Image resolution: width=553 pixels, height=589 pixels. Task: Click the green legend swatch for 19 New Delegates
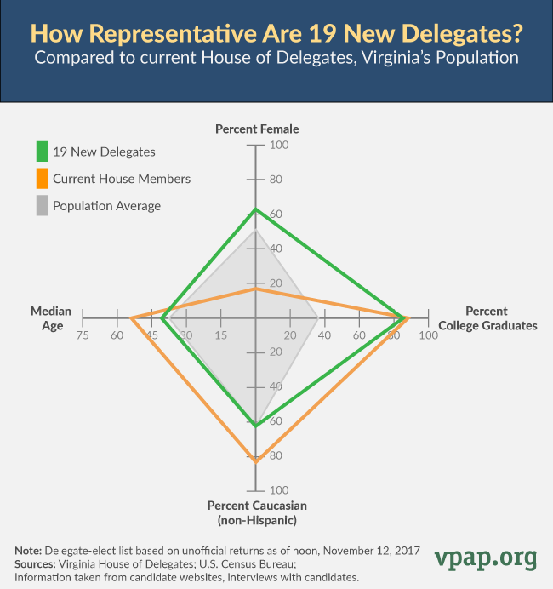pos(42,152)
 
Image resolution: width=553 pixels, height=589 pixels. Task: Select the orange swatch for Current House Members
pos(42,179)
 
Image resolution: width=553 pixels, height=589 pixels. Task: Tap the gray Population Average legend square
pos(42,205)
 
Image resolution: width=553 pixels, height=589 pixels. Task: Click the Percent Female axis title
pos(257,129)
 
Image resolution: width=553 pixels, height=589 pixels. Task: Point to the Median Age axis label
pos(51,317)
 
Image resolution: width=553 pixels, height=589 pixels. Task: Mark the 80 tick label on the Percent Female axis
pos(276,180)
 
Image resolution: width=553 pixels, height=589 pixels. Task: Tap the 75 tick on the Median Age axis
pos(82,335)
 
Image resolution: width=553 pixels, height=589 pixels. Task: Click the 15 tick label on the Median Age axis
pos(220,335)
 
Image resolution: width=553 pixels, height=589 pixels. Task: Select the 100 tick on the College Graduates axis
pos(428,335)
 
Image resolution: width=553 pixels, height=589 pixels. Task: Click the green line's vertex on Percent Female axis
pos(255,209)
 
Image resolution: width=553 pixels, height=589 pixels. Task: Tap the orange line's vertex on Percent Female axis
pos(255,289)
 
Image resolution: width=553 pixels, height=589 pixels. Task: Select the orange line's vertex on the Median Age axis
pos(131,318)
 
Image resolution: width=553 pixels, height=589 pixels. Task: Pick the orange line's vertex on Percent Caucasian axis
pos(255,460)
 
